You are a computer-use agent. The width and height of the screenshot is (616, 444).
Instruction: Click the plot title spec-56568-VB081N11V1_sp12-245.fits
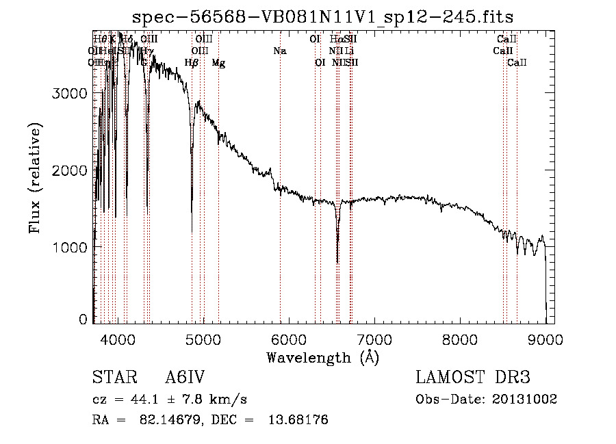323,16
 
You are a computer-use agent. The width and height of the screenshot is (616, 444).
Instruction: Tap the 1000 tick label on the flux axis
69,247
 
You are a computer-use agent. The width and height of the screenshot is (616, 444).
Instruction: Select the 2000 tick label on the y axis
69,170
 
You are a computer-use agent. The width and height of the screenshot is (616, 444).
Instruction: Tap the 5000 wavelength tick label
203,337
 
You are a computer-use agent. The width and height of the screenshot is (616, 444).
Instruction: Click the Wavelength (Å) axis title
322,357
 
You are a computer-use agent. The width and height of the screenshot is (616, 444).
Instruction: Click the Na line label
279,51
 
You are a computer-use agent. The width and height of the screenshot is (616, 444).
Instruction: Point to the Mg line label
218,63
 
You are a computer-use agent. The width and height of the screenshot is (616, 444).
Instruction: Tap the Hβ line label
192,63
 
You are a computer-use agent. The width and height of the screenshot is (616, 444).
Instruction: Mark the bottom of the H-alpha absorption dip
337,261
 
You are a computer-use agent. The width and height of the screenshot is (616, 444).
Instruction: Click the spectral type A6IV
185,378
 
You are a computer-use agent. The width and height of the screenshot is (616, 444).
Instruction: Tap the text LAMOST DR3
473,378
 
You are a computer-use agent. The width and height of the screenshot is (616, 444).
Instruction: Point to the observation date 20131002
524,399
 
